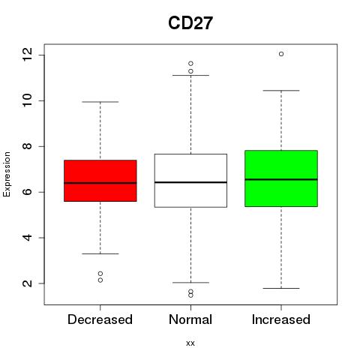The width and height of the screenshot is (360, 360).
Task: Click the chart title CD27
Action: tap(190, 23)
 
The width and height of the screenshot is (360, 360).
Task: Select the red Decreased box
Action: tap(100, 181)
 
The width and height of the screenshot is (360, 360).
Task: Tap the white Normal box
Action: tap(190, 181)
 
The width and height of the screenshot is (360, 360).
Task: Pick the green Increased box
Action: tap(281, 178)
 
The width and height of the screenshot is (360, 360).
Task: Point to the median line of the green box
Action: tap(281, 179)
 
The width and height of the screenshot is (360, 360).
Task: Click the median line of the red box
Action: tap(100, 183)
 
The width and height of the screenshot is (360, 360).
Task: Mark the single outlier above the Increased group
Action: tap(281, 54)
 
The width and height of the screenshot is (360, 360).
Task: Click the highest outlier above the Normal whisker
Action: tap(190, 63)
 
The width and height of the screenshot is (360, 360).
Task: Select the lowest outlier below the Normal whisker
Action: tap(190, 295)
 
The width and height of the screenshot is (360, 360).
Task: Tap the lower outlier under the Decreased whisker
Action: tap(100, 280)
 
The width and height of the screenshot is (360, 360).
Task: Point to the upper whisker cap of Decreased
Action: tap(100, 102)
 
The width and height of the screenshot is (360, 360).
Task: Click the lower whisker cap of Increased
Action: tap(281, 288)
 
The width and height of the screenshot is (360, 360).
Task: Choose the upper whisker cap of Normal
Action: tap(190, 75)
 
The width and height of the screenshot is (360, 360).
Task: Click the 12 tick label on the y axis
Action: tap(28, 55)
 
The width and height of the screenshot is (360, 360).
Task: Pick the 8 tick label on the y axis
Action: tap(28, 146)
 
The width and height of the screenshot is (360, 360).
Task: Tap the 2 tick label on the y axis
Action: tap(28, 283)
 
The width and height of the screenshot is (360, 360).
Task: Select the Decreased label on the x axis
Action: tap(100, 319)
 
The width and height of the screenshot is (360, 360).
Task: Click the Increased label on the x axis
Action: tap(281, 319)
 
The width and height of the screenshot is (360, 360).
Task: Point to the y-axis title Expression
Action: tap(7, 174)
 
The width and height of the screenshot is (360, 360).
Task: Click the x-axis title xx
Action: tap(190, 343)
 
